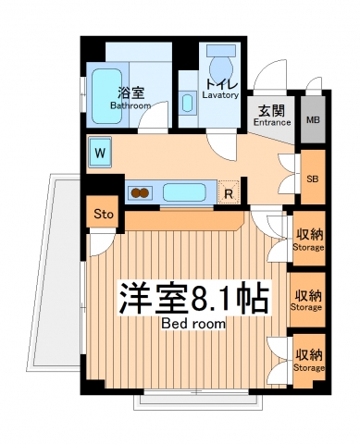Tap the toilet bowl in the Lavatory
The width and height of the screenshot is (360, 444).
click(x=221, y=70)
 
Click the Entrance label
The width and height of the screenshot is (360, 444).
click(x=272, y=116)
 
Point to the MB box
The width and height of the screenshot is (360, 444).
click(x=312, y=119)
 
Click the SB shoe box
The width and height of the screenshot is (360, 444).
click(x=311, y=179)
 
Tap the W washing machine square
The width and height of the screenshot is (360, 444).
click(x=100, y=151)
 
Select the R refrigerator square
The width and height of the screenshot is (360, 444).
click(x=228, y=193)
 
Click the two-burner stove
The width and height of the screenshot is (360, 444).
click(x=141, y=193)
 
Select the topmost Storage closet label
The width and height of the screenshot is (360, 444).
click(x=308, y=240)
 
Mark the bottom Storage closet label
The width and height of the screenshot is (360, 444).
click(x=308, y=360)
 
